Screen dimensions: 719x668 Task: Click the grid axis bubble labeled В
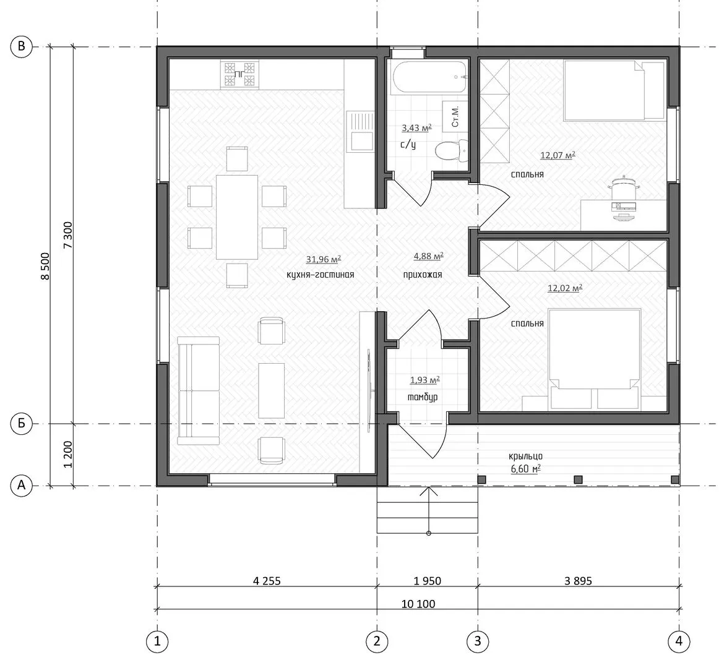tap(22, 46)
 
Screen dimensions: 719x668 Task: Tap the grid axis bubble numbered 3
tap(477, 641)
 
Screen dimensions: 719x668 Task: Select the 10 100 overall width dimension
tap(418, 604)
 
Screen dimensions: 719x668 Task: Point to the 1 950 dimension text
tap(428, 581)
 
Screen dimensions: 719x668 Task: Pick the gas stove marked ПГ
tap(239, 74)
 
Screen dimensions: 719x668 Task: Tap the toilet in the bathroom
tap(451, 150)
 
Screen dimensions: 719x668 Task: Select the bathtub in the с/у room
tap(428, 78)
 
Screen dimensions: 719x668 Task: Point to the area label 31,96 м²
tap(324, 259)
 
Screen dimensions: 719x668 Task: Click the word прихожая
tap(423, 275)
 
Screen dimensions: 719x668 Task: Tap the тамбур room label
tap(423, 397)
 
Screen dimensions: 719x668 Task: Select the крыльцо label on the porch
tap(525, 456)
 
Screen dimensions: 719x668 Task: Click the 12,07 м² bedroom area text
tap(558, 155)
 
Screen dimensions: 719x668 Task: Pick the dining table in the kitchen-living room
tap(237, 217)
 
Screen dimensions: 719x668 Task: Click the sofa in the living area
tap(199, 391)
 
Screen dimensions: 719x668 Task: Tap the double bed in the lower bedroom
tap(594, 359)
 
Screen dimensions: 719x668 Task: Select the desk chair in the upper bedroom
tap(624, 188)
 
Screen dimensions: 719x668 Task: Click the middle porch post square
tap(578, 479)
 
